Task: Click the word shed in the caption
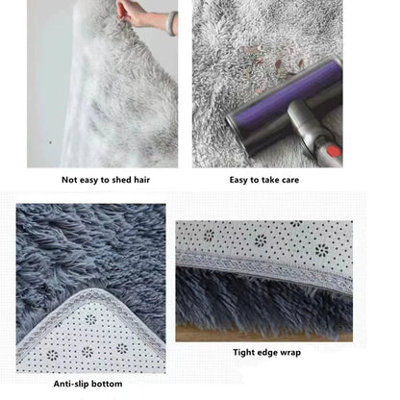click(127, 179)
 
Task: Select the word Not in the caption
click(71, 179)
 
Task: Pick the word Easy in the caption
click(239, 179)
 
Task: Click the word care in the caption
click(290, 179)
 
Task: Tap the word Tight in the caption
click(243, 353)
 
